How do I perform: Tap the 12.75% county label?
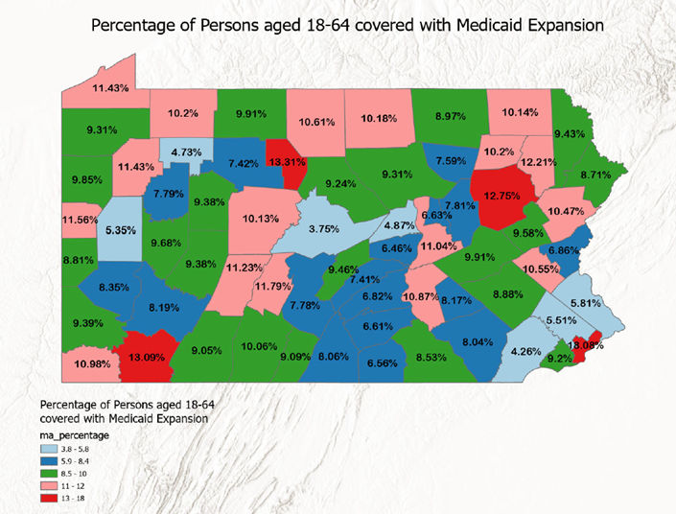pyautogui.click(x=503, y=195)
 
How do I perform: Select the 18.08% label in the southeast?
pyautogui.click(x=585, y=345)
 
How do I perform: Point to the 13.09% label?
pyautogui.click(x=140, y=358)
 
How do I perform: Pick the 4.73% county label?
pyautogui.click(x=186, y=152)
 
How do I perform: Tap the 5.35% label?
pyautogui.click(x=119, y=231)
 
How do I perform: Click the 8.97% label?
pyautogui.click(x=450, y=116)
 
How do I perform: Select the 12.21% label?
pyautogui.click(x=539, y=161)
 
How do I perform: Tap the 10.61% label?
pyautogui.click(x=317, y=122)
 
